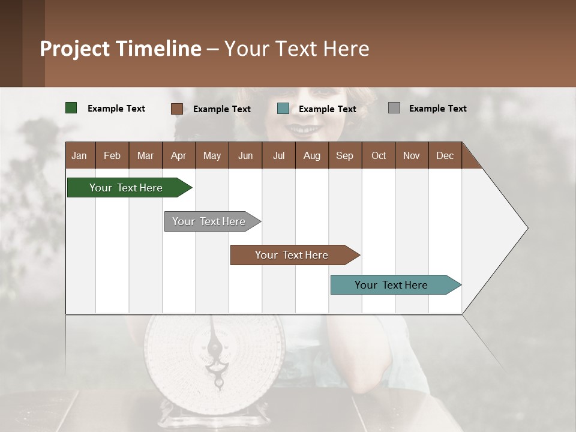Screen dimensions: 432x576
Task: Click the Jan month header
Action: point(79,155)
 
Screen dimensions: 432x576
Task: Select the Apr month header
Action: point(178,155)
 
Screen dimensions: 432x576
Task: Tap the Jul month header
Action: point(278,155)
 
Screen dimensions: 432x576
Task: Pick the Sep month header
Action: point(344,155)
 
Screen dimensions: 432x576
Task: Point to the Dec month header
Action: point(445,155)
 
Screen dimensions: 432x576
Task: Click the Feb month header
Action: point(112,155)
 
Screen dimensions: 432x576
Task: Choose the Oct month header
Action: point(379,155)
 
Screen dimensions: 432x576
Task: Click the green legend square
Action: point(71,108)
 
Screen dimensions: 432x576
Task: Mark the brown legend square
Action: point(177,109)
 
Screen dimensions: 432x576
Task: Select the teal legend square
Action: point(283,109)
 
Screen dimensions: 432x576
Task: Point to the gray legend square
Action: point(394,108)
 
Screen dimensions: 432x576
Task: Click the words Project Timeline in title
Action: point(121,49)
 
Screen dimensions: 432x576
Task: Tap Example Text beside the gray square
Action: point(437,109)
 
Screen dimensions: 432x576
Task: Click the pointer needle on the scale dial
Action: point(214,351)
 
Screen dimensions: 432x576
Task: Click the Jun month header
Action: point(245,155)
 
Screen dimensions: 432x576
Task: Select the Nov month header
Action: point(412,155)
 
